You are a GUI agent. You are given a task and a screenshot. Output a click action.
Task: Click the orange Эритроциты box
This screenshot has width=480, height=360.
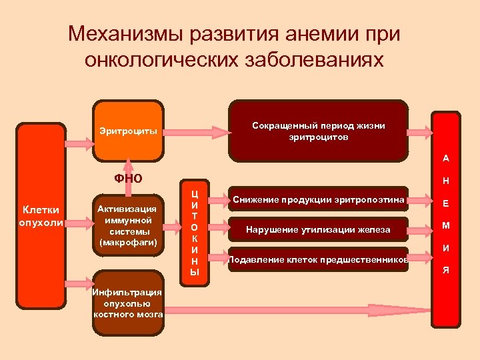click(128, 131)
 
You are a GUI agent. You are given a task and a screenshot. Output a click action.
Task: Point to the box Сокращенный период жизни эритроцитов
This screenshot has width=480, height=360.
click(318, 131)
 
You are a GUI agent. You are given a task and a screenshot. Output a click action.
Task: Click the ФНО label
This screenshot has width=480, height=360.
click(128, 178)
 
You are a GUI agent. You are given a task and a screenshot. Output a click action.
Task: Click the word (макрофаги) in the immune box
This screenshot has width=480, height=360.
click(128, 243)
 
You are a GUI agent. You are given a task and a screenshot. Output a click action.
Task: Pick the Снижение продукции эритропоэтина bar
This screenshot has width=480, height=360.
click(318, 199)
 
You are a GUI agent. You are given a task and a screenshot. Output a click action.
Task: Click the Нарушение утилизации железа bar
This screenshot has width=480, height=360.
click(318, 230)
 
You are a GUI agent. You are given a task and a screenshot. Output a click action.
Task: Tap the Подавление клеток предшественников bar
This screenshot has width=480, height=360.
click(318, 259)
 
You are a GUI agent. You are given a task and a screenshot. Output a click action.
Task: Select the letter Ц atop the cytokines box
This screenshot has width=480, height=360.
click(195, 193)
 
